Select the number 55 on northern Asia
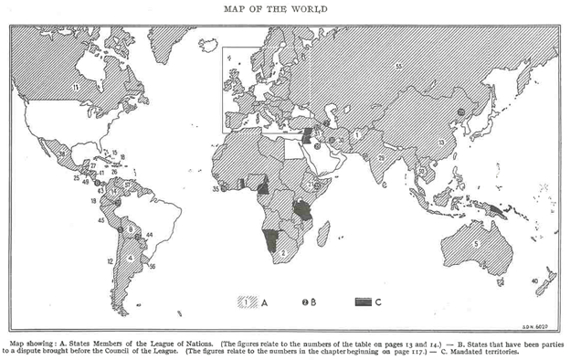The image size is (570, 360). click(398, 66)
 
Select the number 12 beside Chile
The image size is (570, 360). click(109, 261)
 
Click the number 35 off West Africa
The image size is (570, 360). click(216, 189)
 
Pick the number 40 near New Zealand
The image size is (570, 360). click(534, 280)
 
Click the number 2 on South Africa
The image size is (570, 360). click(283, 253)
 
